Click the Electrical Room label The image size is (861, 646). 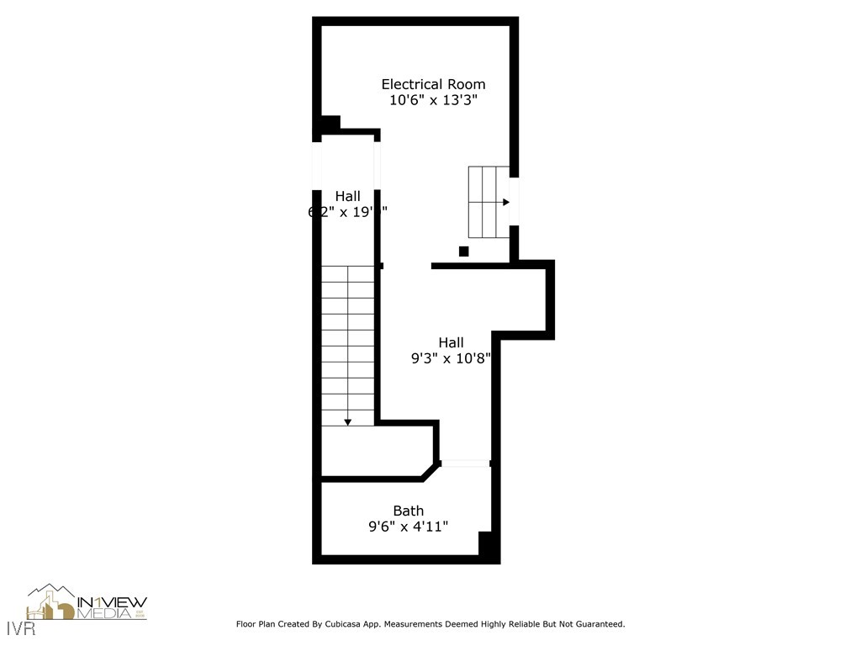click(433, 84)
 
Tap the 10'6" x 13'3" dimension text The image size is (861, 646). click(433, 100)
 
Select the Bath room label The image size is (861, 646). click(409, 511)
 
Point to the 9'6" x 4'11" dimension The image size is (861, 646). click(409, 527)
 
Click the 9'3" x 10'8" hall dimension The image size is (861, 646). click(451, 358)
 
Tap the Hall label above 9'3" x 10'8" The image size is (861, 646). click(451, 342)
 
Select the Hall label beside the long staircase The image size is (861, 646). click(347, 196)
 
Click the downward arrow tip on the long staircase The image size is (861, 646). click(347, 421)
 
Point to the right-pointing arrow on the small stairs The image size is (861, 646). click(505, 202)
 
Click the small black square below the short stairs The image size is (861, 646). click(463, 251)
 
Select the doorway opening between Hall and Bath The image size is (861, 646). click(465, 463)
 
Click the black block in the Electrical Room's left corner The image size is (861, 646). click(330, 124)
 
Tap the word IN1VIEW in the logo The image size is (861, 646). click(112, 602)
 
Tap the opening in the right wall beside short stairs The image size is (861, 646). click(514, 202)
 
